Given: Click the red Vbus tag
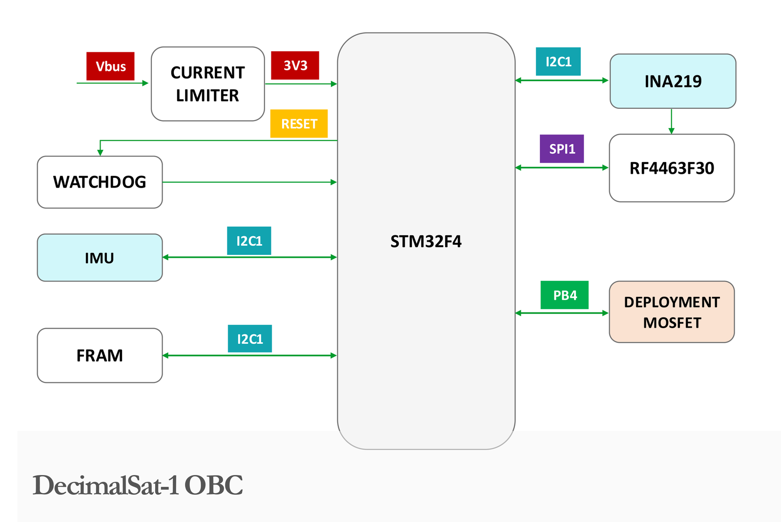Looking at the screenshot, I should pyautogui.click(x=110, y=66).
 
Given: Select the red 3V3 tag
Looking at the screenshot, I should pyautogui.click(x=295, y=65).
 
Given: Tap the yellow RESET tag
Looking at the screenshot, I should pyautogui.click(x=299, y=124).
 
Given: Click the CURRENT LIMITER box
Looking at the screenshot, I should pyautogui.click(x=208, y=84).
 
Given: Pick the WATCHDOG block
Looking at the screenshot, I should pyautogui.click(x=100, y=182).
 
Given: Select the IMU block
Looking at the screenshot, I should pyautogui.click(x=100, y=258).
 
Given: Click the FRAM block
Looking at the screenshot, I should pyautogui.click(x=100, y=355).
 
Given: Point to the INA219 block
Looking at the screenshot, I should pyautogui.click(x=673, y=81).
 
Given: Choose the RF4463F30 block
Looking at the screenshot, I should pyautogui.click(x=672, y=168).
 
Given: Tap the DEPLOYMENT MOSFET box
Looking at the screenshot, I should pyautogui.click(x=672, y=312).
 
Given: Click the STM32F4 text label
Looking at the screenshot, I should pyautogui.click(x=426, y=241).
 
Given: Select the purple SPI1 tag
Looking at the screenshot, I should pyautogui.click(x=562, y=149).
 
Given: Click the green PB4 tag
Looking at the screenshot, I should pyautogui.click(x=564, y=295).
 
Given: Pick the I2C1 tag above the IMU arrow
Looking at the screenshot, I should pyautogui.click(x=249, y=241).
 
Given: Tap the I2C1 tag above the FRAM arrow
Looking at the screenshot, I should pyautogui.click(x=249, y=339).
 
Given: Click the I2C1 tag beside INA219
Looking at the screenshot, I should pyautogui.click(x=558, y=62).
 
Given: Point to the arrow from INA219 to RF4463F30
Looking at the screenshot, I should pyautogui.click(x=672, y=121).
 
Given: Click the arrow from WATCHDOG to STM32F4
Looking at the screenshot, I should pyautogui.click(x=249, y=182).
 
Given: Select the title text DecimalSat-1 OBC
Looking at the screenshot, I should pyautogui.click(x=138, y=485).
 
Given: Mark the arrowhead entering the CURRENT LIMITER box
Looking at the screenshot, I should pyautogui.click(x=145, y=83).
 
